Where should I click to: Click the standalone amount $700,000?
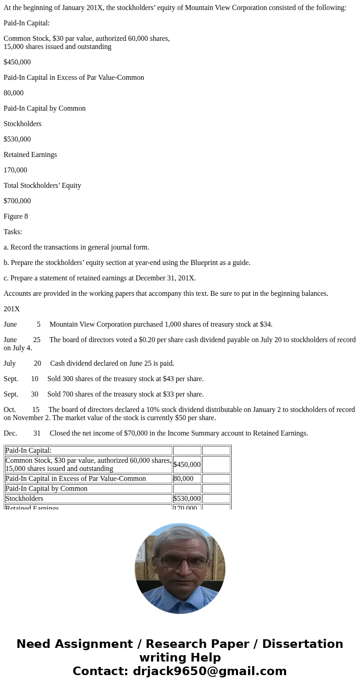point(17,201)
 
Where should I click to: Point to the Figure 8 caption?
point(16,216)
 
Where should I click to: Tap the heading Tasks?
point(13,232)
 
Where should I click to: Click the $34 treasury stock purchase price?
point(265,324)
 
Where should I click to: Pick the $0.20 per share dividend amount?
point(128,340)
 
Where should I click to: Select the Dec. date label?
point(10,433)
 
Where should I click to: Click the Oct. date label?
point(10,410)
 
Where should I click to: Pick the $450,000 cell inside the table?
point(187,465)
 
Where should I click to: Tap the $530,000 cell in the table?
point(187,499)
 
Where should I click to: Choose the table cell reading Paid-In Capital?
point(29,451)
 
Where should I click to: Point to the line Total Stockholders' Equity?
point(42,186)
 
